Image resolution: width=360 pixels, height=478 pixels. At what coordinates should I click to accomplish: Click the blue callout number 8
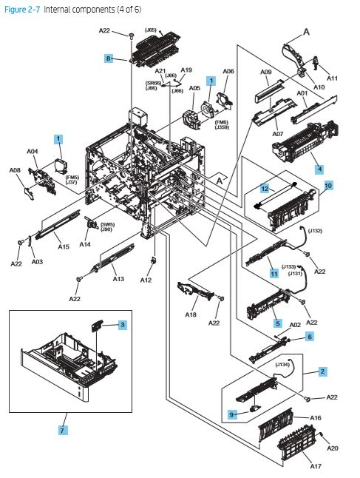[108, 58]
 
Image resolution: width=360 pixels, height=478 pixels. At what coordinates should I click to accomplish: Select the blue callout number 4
[319, 169]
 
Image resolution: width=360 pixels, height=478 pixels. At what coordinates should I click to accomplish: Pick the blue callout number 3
[123, 325]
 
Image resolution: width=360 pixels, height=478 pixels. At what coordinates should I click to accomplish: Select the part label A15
[64, 246]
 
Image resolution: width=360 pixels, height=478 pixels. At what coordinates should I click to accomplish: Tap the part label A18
[191, 314]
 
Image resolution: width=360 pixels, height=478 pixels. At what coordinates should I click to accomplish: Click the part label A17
[316, 467]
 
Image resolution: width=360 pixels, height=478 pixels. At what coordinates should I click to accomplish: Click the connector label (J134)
[282, 363]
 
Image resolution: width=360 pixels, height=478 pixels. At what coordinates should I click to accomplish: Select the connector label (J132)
[315, 231]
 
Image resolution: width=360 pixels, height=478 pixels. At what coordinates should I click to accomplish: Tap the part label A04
[33, 152]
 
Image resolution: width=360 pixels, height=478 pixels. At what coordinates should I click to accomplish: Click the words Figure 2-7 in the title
[21, 8]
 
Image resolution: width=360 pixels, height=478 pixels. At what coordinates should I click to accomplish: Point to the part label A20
[333, 448]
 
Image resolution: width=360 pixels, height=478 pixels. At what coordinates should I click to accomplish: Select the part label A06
[228, 71]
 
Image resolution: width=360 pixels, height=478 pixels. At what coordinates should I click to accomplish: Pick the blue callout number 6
[310, 337]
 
